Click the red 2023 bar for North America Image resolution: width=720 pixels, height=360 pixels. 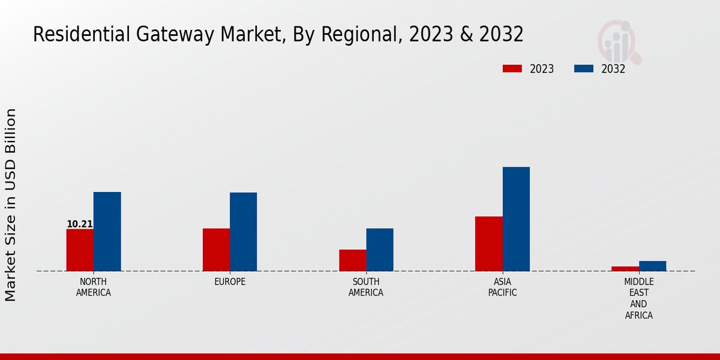pyautogui.click(x=80, y=250)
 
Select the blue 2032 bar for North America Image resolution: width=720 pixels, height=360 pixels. pyautogui.click(x=107, y=232)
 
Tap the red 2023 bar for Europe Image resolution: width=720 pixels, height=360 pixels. pyautogui.click(x=216, y=250)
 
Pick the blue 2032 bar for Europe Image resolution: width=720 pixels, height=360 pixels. pyautogui.click(x=243, y=232)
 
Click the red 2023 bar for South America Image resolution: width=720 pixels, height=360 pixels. pyautogui.click(x=352, y=260)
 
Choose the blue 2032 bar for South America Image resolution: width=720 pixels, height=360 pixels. pyautogui.click(x=380, y=250)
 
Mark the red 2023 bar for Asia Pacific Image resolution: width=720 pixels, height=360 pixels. pyautogui.click(x=488, y=244)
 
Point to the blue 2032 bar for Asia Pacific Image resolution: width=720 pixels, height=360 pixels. pyautogui.click(x=516, y=219)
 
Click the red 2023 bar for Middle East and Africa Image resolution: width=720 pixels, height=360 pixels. pyautogui.click(x=625, y=269)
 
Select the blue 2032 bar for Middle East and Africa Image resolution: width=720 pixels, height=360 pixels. pyautogui.click(x=652, y=266)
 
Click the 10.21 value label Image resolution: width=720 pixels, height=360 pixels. pyautogui.click(x=79, y=224)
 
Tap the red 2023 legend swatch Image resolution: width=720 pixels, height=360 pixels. pyautogui.click(x=512, y=69)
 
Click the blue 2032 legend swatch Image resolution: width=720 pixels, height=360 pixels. pyautogui.click(x=583, y=69)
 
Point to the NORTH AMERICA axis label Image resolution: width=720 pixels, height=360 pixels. pyautogui.click(x=94, y=287)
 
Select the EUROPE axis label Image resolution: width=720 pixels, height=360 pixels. pyautogui.click(x=230, y=282)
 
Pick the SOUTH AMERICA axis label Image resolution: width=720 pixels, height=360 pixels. pyautogui.click(x=366, y=287)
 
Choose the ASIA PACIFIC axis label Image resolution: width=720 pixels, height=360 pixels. pyautogui.click(x=502, y=287)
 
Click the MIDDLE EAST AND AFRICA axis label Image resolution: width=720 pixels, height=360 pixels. pyautogui.click(x=639, y=299)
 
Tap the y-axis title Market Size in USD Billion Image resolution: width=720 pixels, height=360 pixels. pyautogui.click(x=11, y=205)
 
